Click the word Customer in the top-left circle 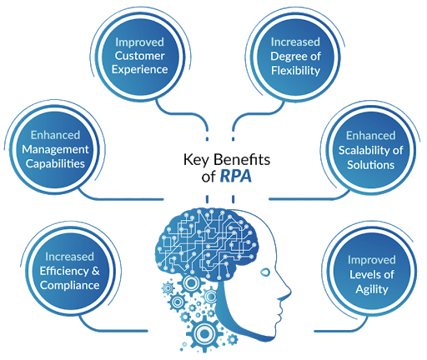coord(140,56)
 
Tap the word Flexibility coord(295,71)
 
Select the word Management coord(55,150)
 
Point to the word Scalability coord(361,150)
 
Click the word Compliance coord(69,285)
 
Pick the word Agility coord(372,289)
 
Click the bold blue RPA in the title coord(236,176)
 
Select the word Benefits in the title coord(242,160)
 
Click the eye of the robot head coord(265,272)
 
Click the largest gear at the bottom coord(204,333)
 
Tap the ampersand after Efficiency coord(96,271)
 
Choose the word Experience coord(139,70)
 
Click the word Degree coord(289,57)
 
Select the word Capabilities coord(55,163)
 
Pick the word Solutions coord(370,165)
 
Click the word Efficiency coord(64,271)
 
